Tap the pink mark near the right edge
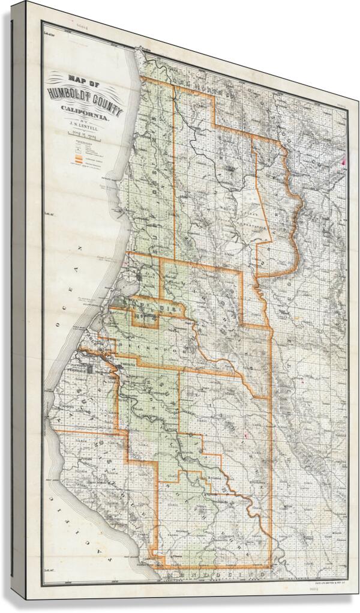[x=344, y=160]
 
